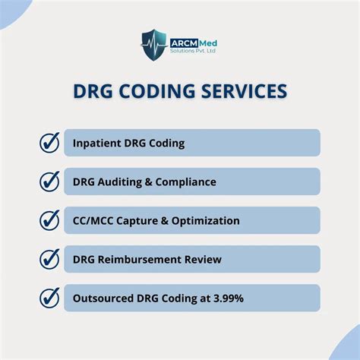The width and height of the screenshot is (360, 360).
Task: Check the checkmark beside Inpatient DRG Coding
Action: (49, 142)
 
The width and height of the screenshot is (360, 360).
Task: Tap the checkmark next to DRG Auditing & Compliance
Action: (49, 182)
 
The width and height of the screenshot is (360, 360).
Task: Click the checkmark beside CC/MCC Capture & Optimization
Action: (49, 220)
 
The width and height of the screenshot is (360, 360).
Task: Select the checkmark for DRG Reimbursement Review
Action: (49, 259)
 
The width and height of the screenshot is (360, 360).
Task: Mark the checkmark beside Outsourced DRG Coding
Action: (49, 298)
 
